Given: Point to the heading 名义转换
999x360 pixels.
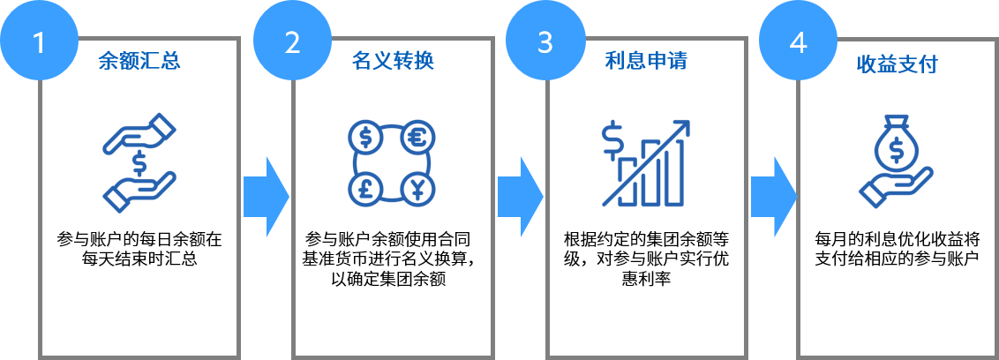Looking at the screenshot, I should tap(393, 62).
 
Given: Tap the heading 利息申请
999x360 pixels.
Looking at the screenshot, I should tap(646, 62).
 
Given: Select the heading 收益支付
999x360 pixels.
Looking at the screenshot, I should tap(897, 64).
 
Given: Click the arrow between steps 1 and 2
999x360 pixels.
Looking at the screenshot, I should tap(267, 197).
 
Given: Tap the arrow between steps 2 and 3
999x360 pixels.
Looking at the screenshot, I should tap(519, 197).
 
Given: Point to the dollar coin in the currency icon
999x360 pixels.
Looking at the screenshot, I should tap(366, 138).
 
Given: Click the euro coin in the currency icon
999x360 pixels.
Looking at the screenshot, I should tap(417, 138).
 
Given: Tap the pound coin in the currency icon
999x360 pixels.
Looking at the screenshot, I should tap(366, 188).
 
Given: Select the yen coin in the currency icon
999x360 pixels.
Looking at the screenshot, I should tap(417, 188).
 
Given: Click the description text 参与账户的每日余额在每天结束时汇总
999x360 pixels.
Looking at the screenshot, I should tap(139, 249).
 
